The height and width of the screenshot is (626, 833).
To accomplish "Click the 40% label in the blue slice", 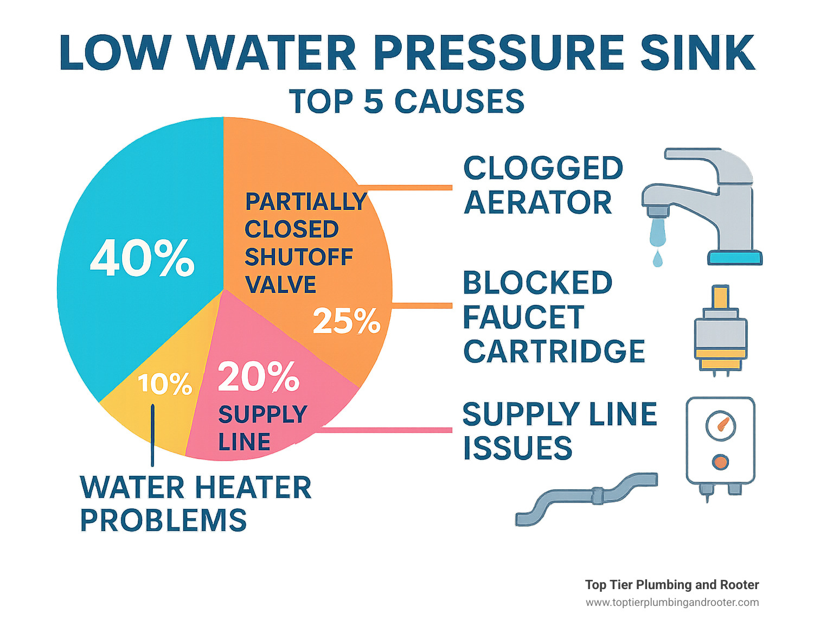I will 142,259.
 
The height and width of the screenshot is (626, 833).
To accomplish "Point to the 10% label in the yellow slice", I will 165,384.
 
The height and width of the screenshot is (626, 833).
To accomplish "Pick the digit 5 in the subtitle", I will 373,101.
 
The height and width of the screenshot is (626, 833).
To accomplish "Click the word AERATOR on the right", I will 538,203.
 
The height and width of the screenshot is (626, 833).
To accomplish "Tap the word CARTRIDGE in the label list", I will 554,352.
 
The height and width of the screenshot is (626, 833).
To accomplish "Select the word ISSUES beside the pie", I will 517,448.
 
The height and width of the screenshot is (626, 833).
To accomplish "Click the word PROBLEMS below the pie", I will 163,520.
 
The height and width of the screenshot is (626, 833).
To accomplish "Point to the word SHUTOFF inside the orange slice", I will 299,257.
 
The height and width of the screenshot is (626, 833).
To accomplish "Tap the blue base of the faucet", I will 735,258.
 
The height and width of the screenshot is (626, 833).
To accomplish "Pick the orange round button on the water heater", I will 720,462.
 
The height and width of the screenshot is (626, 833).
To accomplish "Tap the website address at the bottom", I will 672,602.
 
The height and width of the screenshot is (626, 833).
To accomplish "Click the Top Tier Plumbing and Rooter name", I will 672,585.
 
